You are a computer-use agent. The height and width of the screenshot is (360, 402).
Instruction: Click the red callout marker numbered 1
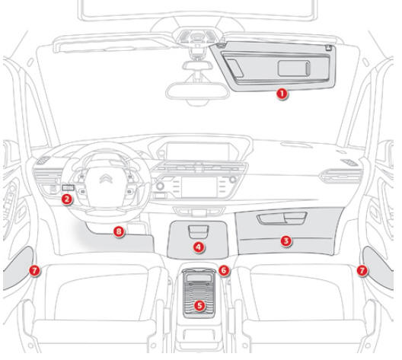[x=282, y=94]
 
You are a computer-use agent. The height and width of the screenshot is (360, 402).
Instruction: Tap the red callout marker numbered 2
[x=67, y=199]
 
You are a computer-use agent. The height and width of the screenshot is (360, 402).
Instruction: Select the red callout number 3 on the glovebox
[x=286, y=241]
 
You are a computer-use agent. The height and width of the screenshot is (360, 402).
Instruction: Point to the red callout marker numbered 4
[x=199, y=247]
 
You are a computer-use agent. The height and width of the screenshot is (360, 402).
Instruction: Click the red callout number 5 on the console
[x=199, y=305]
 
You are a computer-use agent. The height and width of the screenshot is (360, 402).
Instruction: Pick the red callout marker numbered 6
[x=224, y=270]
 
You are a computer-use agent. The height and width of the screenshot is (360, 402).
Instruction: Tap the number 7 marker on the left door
[x=34, y=270]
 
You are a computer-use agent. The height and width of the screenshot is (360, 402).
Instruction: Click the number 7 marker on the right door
[x=362, y=270]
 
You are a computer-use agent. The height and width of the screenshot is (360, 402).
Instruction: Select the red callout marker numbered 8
[x=119, y=231]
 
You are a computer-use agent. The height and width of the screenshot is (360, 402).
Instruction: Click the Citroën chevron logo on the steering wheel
[x=106, y=178]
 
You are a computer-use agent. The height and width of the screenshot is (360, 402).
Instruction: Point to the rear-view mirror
[x=197, y=91]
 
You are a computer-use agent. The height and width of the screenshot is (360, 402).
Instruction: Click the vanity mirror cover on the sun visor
[x=294, y=68]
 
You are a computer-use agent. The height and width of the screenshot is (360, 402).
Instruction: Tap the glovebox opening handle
[x=282, y=218]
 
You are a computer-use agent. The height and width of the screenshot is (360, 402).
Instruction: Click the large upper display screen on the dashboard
[x=197, y=151]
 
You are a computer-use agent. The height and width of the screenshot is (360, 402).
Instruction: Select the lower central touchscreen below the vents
[x=199, y=186]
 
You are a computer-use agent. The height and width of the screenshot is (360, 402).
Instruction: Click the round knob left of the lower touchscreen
[x=160, y=186]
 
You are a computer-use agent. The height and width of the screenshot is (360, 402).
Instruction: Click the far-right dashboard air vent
[x=342, y=176]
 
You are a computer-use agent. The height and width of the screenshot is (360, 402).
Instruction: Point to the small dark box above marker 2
[x=69, y=188]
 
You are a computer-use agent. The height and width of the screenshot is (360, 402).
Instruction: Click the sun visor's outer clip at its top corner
[x=329, y=47]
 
